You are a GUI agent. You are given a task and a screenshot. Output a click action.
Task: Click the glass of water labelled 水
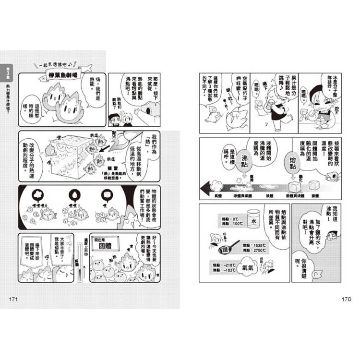coord(254,222)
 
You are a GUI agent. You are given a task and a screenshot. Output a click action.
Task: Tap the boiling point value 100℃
coord(225,224)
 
